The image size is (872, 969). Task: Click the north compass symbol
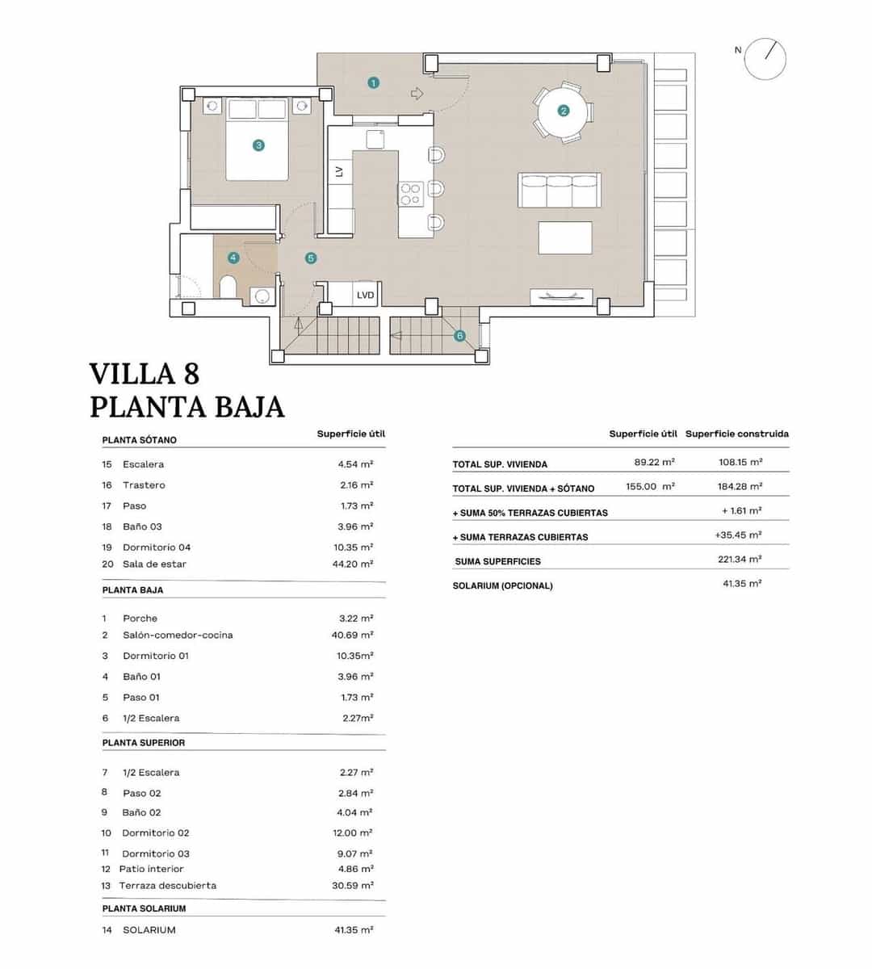point(765,59)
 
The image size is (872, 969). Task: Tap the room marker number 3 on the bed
point(258,145)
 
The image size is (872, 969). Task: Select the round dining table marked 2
point(563,111)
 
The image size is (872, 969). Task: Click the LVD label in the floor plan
point(366,296)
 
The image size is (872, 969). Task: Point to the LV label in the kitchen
point(339,171)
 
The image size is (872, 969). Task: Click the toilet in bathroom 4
point(228,287)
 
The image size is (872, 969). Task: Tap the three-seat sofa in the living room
point(560,191)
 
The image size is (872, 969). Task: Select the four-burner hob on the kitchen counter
point(411,192)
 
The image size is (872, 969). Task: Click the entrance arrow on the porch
point(417,94)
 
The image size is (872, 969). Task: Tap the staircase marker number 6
point(459,336)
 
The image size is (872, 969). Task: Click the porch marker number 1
point(373,82)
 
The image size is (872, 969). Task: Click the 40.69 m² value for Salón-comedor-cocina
point(352,636)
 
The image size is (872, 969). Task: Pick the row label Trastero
point(144,485)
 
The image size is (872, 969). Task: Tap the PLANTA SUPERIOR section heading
point(144,743)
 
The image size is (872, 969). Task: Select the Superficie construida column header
point(736,434)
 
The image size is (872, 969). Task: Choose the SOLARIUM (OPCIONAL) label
point(502,586)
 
